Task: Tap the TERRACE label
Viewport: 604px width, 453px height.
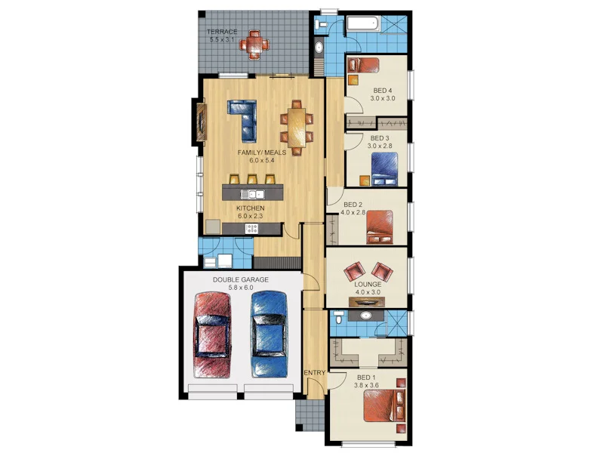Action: click(222, 32)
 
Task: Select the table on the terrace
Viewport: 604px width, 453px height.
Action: click(254, 44)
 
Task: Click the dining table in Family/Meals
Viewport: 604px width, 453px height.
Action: click(297, 126)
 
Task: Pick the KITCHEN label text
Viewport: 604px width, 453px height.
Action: click(250, 208)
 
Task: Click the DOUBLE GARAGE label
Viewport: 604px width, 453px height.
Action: click(240, 279)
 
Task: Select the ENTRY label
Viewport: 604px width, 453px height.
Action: click(314, 373)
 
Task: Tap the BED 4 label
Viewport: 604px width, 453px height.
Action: click(383, 91)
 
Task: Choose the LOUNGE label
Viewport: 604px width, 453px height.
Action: click(368, 285)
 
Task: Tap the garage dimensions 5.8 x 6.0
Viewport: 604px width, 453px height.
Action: click(240, 288)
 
